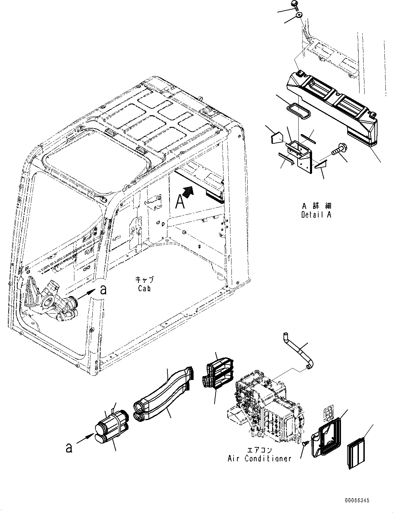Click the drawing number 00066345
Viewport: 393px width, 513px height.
point(356,500)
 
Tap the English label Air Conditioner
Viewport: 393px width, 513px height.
point(259,458)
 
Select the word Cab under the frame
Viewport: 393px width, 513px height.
point(144,288)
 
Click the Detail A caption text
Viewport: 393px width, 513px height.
point(316,215)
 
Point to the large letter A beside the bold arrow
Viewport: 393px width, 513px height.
point(179,201)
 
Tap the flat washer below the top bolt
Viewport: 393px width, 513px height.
point(299,15)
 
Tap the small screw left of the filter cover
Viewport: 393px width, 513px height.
point(304,445)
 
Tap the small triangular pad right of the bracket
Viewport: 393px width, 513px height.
point(320,166)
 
